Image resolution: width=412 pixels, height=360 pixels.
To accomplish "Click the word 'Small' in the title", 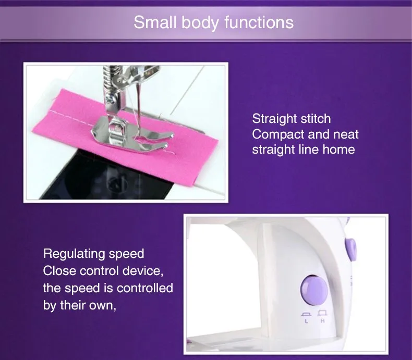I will (x=151, y=23).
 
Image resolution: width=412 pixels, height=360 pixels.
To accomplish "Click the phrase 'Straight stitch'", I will (x=291, y=119).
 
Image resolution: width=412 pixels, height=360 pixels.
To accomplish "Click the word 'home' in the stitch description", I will (x=338, y=150).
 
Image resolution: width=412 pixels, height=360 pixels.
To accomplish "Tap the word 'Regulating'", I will (x=72, y=254).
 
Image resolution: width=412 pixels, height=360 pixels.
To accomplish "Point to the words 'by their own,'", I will (x=78, y=305).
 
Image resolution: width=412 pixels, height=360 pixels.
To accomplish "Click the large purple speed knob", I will (x=314, y=290).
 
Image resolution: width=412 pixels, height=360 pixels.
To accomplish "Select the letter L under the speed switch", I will (x=306, y=321).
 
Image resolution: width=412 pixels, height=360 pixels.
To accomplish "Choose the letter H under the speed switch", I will (x=322, y=321).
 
